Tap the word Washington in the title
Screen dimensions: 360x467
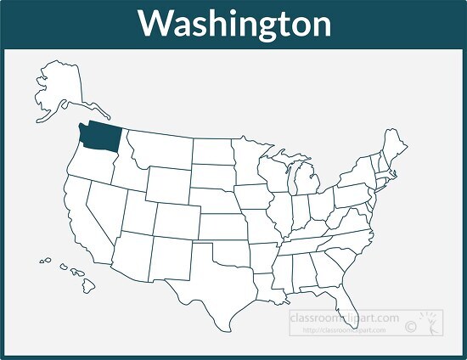(x=234, y=24)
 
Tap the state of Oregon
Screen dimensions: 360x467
(x=84, y=165)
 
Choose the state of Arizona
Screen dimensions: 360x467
(x=128, y=254)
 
